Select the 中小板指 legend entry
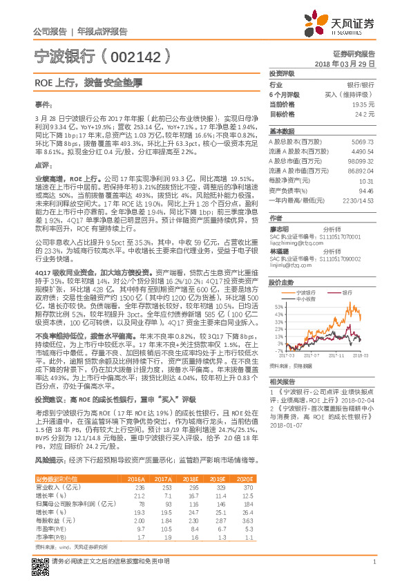[x=305, y=299]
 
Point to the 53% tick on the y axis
[x=278, y=306]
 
